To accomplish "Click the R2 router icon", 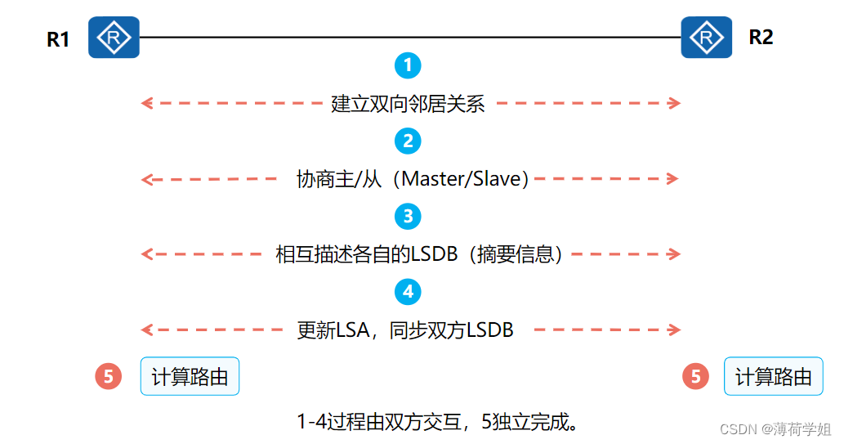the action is click(x=706, y=37).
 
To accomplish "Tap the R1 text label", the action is click(x=58, y=39).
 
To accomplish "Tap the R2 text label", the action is click(x=760, y=37).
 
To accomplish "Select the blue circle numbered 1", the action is click(x=407, y=65).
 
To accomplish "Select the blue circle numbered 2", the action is click(x=407, y=141).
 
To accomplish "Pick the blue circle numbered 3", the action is click(x=407, y=216).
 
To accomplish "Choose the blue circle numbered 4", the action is click(x=407, y=291).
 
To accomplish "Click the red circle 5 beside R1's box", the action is click(x=108, y=376).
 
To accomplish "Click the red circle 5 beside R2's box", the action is click(x=695, y=376).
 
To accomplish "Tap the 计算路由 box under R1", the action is click(x=190, y=376).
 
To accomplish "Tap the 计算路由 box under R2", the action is click(x=773, y=376).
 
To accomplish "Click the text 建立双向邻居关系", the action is click(x=408, y=104).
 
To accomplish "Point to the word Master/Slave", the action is click(x=462, y=179).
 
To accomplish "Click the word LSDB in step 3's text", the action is click(x=436, y=254).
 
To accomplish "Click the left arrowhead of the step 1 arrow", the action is click(x=146, y=103).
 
